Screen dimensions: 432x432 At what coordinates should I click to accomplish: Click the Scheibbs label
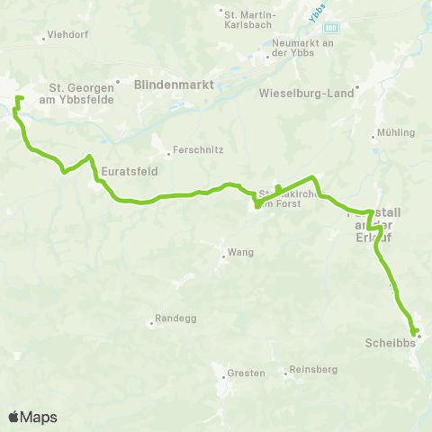pos(390,343)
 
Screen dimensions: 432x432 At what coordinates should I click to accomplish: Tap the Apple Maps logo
pos(32,417)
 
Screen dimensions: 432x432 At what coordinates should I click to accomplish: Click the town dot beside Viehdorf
pos(43,39)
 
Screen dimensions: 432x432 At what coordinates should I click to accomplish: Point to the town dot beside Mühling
pos(374,138)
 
